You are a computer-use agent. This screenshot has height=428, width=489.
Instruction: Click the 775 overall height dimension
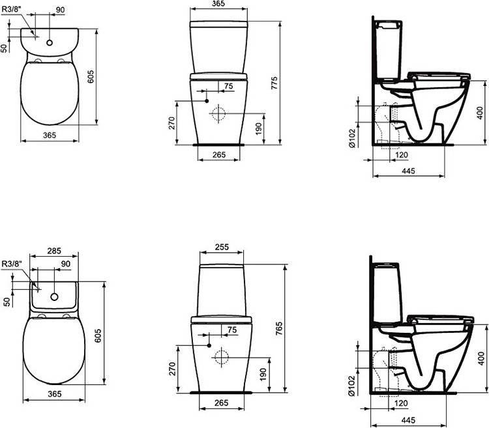[x=274, y=83]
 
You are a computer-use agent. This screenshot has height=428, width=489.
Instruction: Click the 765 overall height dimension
[x=279, y=328]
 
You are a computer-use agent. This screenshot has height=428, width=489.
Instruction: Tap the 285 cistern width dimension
[x=54, y=251]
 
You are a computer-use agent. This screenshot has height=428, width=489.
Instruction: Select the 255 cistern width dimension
[x=222, y=247]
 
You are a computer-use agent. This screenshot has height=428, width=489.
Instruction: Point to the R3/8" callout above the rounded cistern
[x=12, y=9]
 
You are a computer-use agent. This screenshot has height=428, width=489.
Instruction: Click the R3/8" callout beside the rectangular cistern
[x=12, y=264]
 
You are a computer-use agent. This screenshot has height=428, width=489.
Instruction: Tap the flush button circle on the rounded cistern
[x=50, y=43]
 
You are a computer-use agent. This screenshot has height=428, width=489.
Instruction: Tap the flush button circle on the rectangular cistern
[x=55, y=297]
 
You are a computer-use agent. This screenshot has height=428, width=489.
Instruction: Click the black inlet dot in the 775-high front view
[x=207, y=101]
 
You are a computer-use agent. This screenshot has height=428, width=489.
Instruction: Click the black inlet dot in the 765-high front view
[x=209, y=345]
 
